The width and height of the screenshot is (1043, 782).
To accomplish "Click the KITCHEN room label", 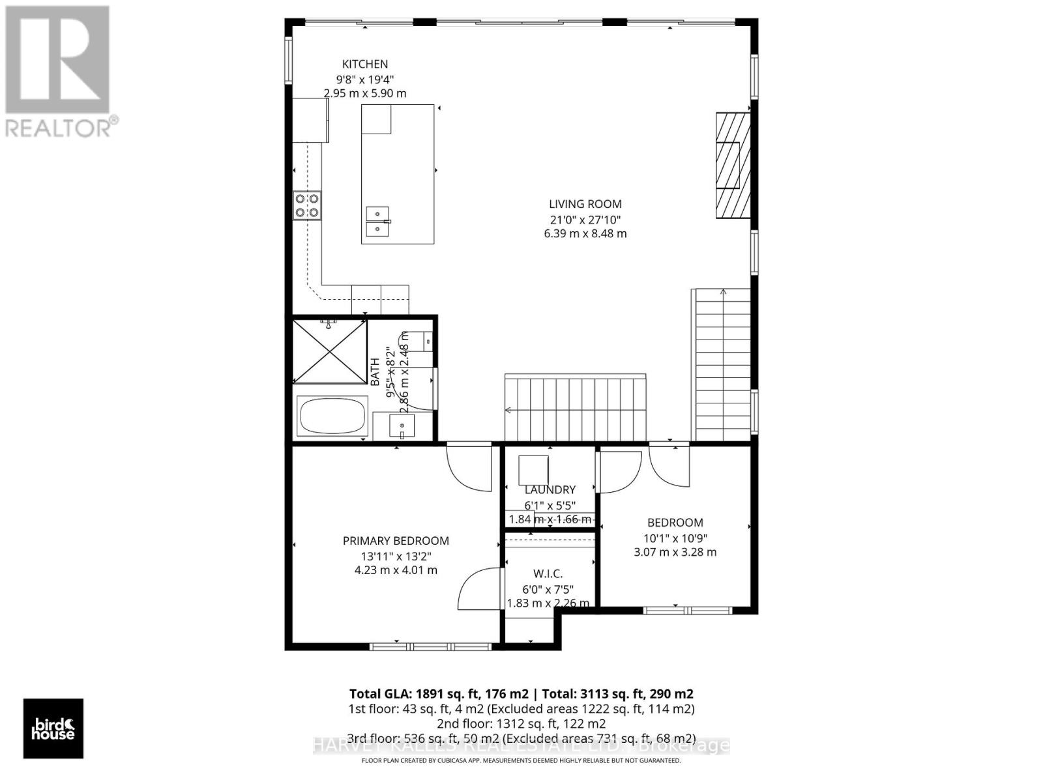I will [x=365, y=64].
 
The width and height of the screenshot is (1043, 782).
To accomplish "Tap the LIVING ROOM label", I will [x=585, y=204].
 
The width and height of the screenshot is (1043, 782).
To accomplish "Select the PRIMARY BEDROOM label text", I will [x=396, y=540].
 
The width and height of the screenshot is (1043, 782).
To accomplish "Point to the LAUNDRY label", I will [x=550, y=489].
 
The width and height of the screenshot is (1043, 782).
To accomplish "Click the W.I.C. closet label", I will [x=548, y=573].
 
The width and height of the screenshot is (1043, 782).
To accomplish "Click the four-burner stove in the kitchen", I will [x=306, y=205].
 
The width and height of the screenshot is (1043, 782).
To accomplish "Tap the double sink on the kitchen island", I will [x=378, y=221].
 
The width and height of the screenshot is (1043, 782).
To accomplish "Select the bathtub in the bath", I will [x=332, y=416].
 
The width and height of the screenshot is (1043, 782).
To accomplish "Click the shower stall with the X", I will [x=330, y=351].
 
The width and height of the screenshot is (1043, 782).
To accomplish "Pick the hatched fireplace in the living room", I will [x=732, y=166].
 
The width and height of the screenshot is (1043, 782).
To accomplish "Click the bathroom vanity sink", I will [x=402, y=427].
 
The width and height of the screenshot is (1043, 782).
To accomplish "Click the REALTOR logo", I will [x=59, y=72].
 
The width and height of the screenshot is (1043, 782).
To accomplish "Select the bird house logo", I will [x=53, y=729].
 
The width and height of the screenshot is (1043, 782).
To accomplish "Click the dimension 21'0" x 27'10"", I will [x=585, y=220].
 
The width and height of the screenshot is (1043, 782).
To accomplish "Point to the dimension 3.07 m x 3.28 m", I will [x=675, y=552].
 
